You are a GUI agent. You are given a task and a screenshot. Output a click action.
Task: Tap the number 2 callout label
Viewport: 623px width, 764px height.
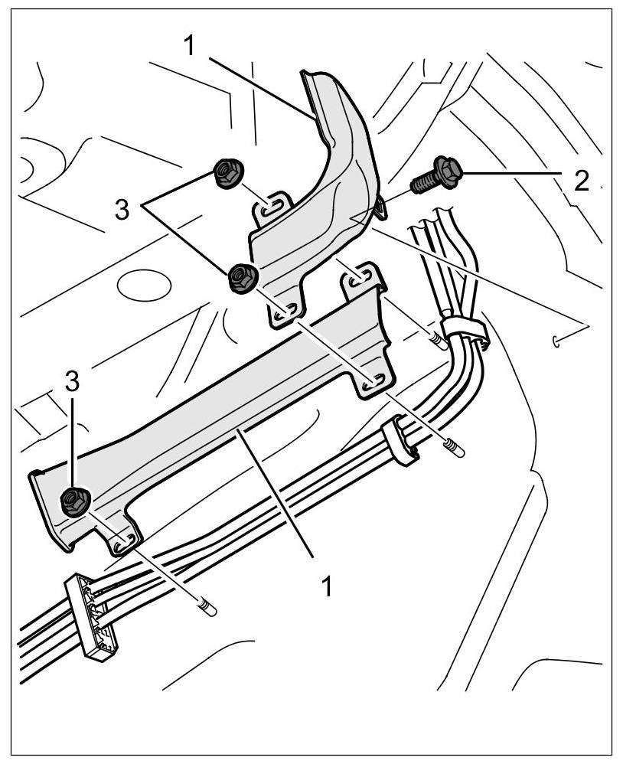[x=582, y=180]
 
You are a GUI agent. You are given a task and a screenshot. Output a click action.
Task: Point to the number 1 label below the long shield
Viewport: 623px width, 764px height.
[x=326, y=586]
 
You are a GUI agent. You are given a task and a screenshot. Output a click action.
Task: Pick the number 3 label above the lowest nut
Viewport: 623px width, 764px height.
[x=72, y=384]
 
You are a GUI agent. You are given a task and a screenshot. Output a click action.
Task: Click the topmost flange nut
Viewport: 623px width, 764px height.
[x=227, y=174]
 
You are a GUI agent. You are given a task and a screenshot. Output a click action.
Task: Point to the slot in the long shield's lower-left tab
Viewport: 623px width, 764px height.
[x=122, y=543]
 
